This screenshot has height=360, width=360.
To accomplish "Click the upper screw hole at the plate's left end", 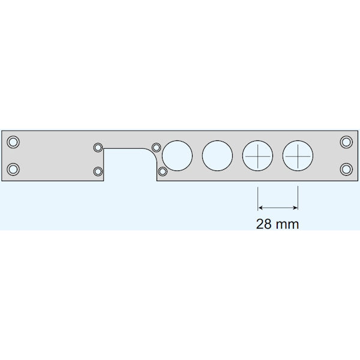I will point(13,142).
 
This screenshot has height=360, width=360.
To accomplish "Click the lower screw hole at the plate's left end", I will point(13,169).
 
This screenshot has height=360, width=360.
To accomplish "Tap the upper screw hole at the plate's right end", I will point(346,142).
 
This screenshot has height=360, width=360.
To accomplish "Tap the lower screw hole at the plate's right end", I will point(346,169).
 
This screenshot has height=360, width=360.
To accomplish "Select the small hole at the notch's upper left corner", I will point(98,147).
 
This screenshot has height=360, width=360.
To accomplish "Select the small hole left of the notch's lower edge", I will point(98,172).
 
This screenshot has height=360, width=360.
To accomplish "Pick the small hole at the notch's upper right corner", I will point(156,147).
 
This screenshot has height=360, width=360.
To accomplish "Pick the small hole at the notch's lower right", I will point(162,172).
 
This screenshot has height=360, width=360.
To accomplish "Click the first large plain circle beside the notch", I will point(178,156).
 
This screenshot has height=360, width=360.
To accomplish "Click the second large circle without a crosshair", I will point(217,156).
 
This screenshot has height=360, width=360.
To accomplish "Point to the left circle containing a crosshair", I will point(257,156).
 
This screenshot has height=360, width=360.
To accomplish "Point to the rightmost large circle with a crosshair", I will point(298,156).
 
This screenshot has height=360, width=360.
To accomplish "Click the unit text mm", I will point(287,224).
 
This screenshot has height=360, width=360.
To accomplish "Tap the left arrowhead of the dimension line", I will point(260,208).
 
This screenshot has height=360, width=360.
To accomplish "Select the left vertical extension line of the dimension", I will point(257,198).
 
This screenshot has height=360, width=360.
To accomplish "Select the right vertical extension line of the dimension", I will point(298,198).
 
